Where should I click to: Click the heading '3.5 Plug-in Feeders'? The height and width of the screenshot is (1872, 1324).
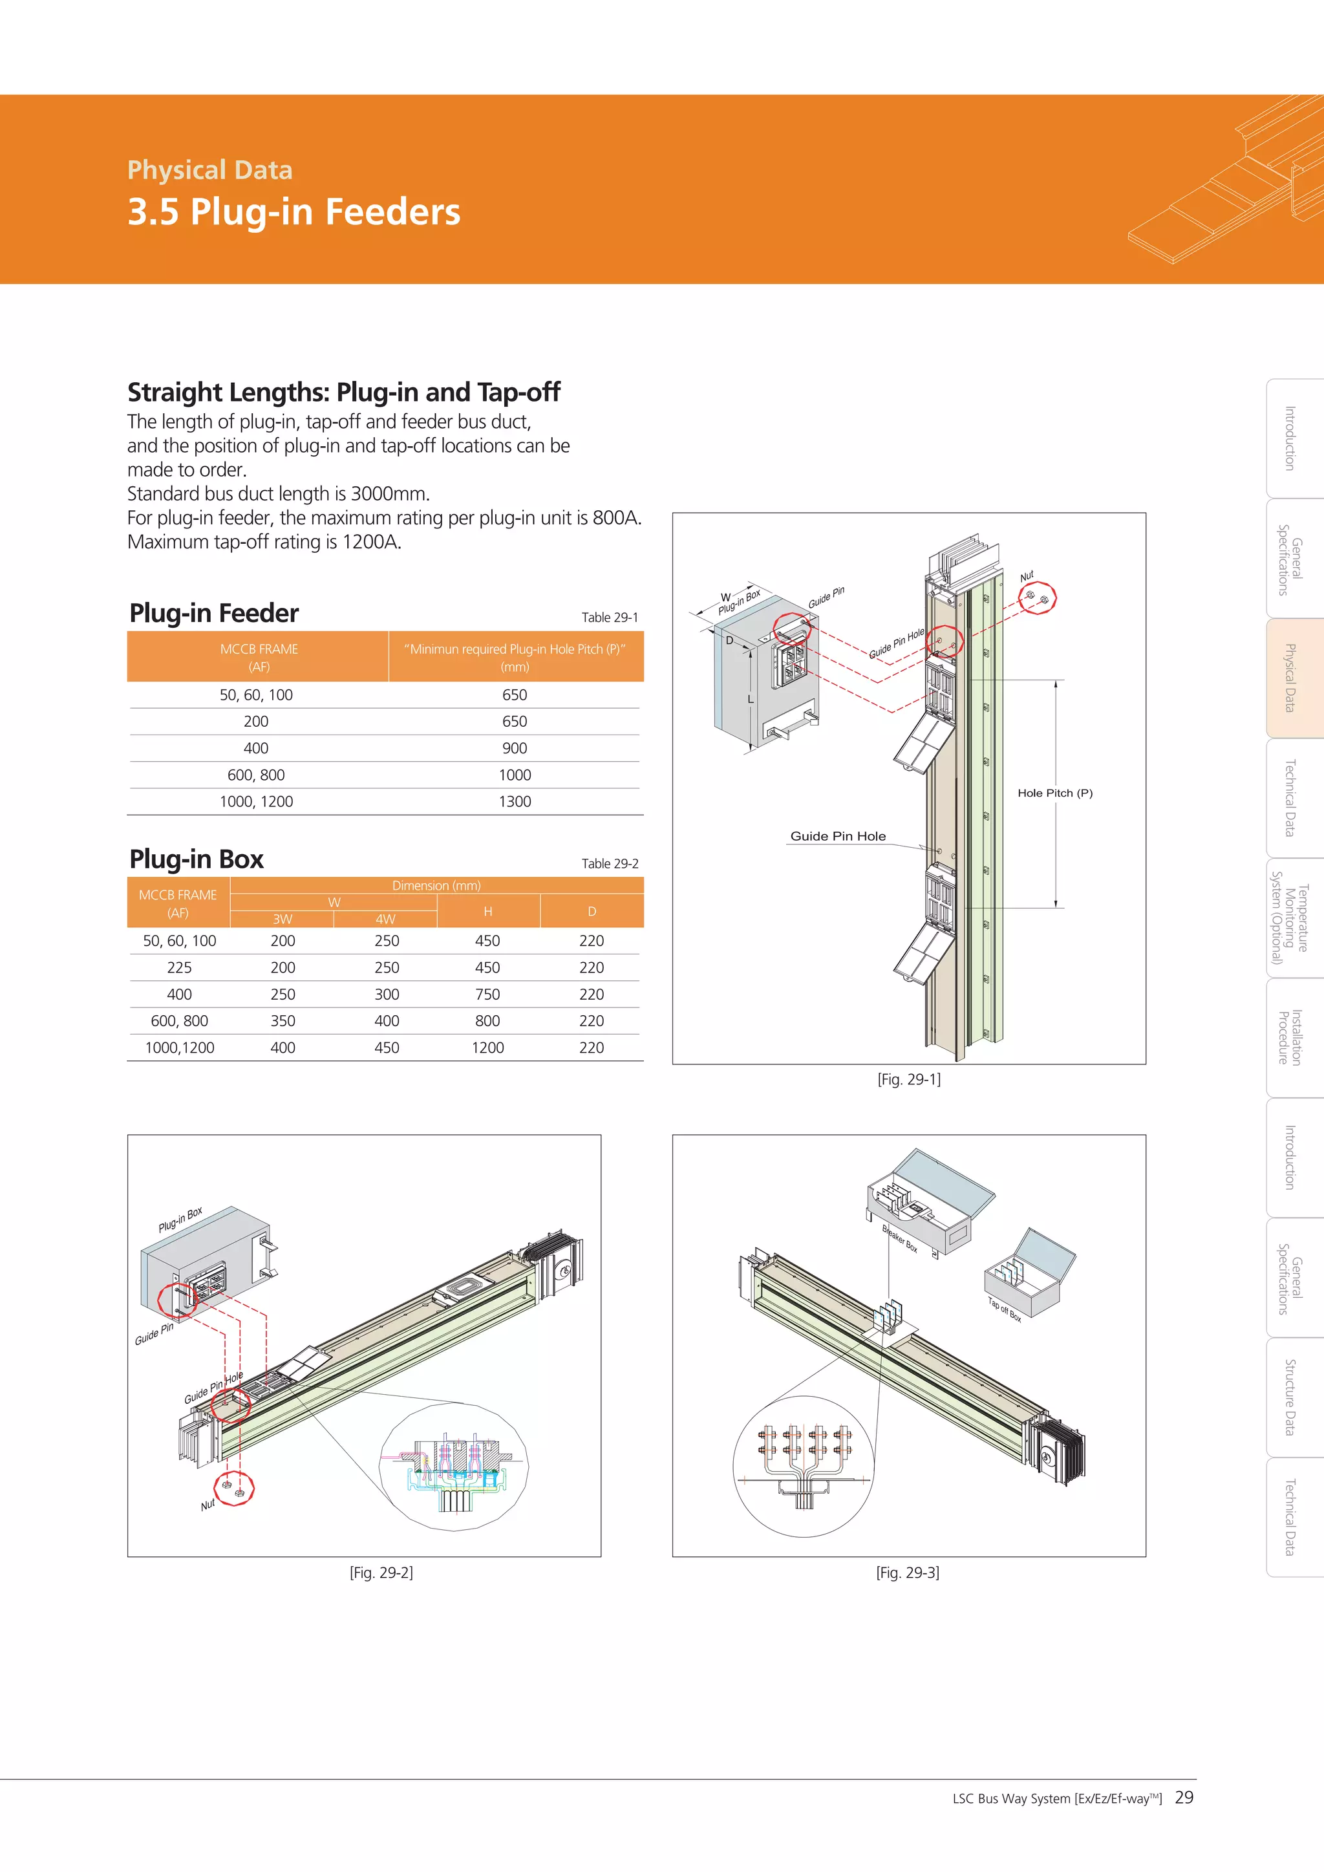(x=294, y=211)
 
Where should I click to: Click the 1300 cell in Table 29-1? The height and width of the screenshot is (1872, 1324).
(x=515, y=801)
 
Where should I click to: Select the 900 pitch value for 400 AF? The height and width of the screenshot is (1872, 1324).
(x=515, y=748)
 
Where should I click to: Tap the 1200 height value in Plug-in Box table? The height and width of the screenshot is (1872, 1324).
(x=487, y=1048)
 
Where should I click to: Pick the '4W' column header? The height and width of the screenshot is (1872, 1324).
(x=385, y=919)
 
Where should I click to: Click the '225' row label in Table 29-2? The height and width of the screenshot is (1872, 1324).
(x=179, y=968)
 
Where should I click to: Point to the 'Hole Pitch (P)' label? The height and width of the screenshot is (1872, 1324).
(x=1055, y=793)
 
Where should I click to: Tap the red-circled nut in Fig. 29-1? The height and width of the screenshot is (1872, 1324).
(x=1037, y=597)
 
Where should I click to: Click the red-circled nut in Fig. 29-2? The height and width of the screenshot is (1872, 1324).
(x=234, y=1489)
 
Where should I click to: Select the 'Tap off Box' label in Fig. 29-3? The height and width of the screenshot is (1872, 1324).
(x=1005, y=1309)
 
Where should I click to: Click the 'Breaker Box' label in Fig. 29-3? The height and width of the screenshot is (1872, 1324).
(x=900, y=1240)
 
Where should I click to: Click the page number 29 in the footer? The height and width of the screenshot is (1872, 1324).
(x=1184, y=1797)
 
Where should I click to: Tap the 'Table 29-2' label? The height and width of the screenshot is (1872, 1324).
(x=610, y=863)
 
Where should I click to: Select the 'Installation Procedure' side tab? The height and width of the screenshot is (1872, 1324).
(x=1290, y=1037)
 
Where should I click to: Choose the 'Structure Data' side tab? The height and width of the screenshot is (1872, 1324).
(x=1290, y=1397)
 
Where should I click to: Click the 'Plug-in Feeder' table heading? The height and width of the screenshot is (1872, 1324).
(x=215, y=613)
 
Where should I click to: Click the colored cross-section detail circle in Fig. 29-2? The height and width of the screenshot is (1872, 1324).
(x=454, y=1468)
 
